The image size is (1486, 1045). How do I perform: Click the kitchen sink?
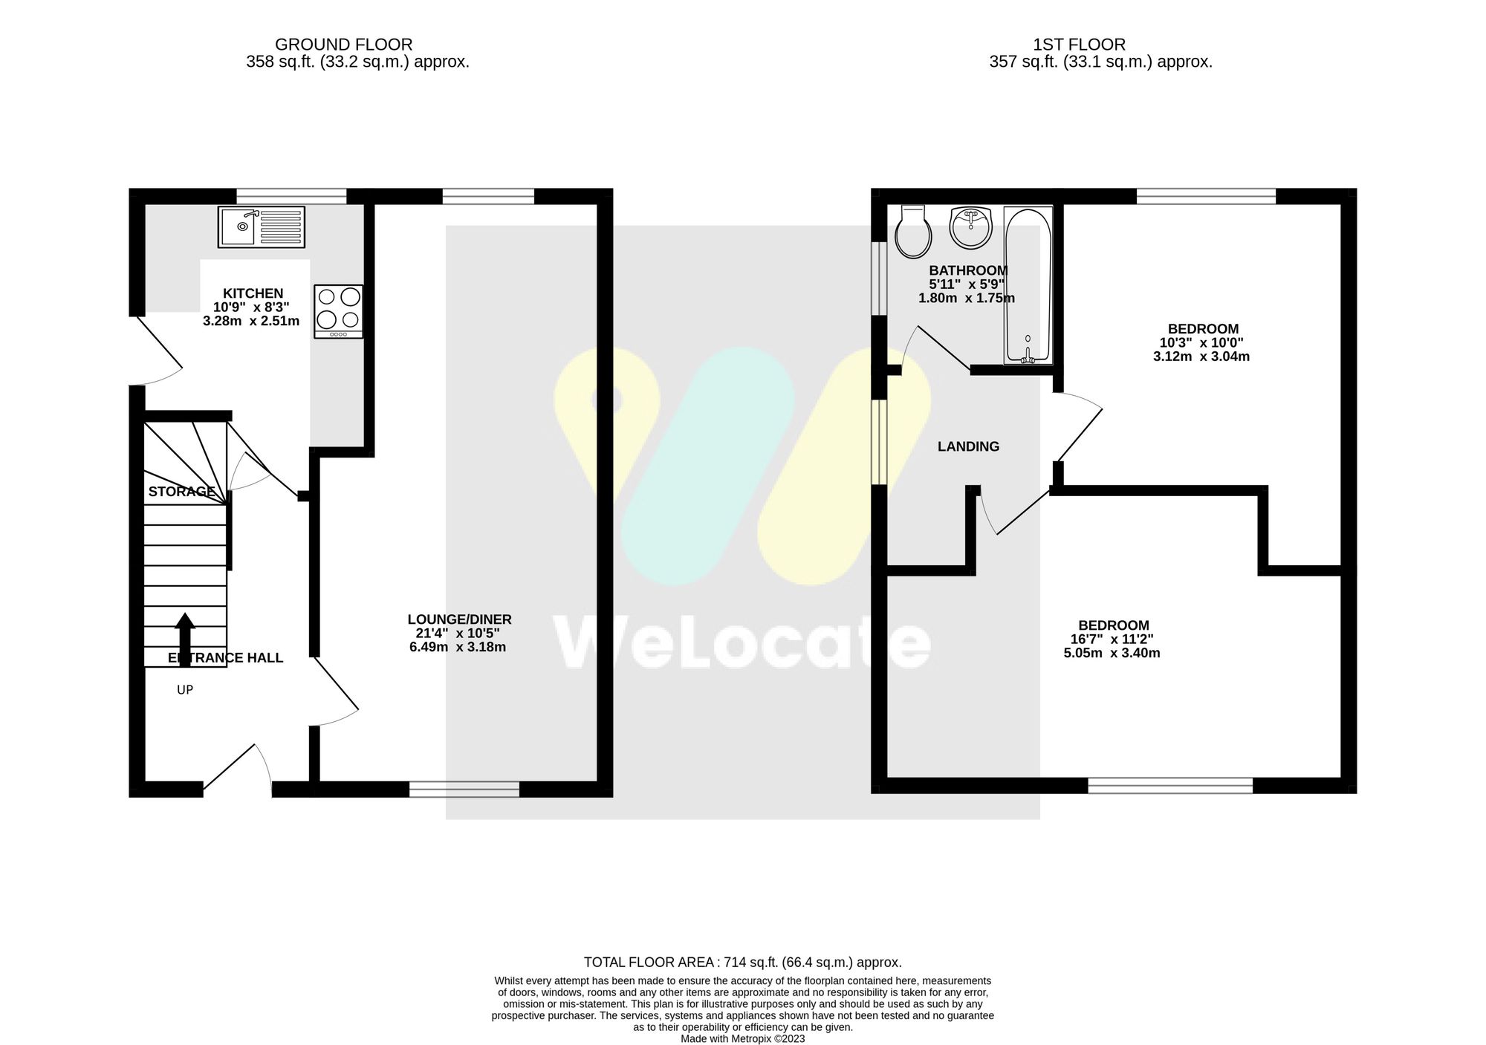pyautogui.click(x=262, y=227)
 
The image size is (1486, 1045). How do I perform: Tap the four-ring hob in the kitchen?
pyautogui.click(x=339, y=311)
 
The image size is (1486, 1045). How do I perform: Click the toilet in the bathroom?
pyautogui.click(x=913, y=232)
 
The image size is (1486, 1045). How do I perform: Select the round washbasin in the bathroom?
pyautogui.click(x=970, y=228)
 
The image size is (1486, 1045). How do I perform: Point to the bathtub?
pyautogui.click(x=1028, y=286)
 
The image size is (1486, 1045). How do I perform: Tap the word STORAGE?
pyautogui.click(x=182, y=492)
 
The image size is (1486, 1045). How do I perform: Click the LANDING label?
pyautogui.click(x=968, y=446)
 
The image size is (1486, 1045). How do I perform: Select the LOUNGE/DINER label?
pyautogui.click(x=459, y=619)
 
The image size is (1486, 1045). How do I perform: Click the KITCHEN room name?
pyautogui.click(x=253, y=293)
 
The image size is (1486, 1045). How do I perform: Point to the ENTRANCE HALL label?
pyautogui.click(x=225, y=658)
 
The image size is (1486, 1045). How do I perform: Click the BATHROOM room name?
pyautogui.click(x=968, y=270)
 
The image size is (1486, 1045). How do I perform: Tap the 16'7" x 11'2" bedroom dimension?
pyautogui.click(x=1112, y=639)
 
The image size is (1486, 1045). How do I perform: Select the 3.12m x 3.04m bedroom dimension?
pyautogui.click(x=1201, y=357)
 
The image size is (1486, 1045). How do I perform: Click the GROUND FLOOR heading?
pyautogui.click(x=343, y=45)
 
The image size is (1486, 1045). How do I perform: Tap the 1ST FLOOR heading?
pyautogui.click(x=1079, y=45)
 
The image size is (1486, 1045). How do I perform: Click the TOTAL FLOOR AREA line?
pyautogui.click(x=742, y=963)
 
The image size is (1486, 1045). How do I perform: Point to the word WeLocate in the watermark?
pyautogui.click(x=742, y=642)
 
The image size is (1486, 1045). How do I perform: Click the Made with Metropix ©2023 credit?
pyautogui.click(x=742, y=1039)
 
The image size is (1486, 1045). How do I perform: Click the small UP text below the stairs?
pyautogui.click(x=185, y=690)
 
